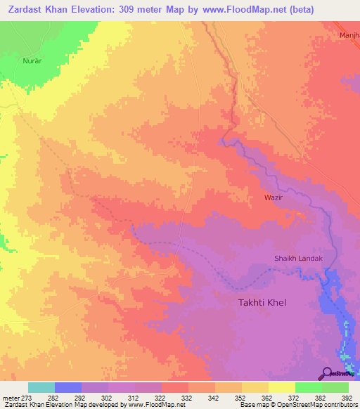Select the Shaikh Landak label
297,259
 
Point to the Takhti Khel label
259,302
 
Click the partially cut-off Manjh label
349,34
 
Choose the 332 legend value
188,397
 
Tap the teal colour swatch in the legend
41,387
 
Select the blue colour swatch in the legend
68,387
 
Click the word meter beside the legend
10,397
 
